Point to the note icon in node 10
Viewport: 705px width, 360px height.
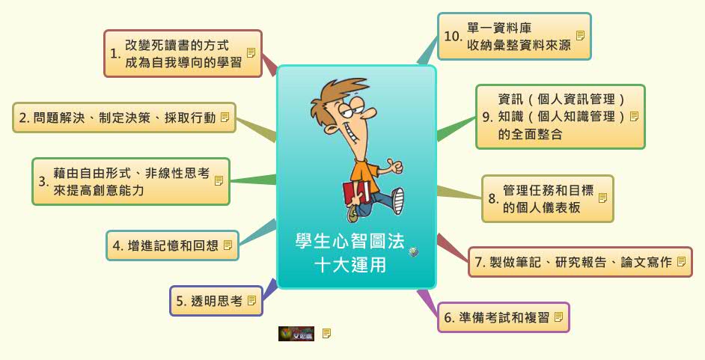click(x=580, y=35)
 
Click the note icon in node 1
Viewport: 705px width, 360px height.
click(x=251, y=53)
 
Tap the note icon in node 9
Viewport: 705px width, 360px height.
click(x=634, y=116)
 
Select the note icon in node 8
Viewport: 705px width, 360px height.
click(x=602, y=198)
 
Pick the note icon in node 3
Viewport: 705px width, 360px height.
click(x=219, y=180)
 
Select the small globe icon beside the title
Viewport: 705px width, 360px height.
click(x=413, y=253)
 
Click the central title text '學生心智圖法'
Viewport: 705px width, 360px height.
click(x=350, y=241)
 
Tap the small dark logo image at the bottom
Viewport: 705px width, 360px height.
click(x=296, y=334)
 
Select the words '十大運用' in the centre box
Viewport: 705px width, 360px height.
click(x=350, y=264)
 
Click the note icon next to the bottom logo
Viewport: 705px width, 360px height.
click(x=326, y=334)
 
